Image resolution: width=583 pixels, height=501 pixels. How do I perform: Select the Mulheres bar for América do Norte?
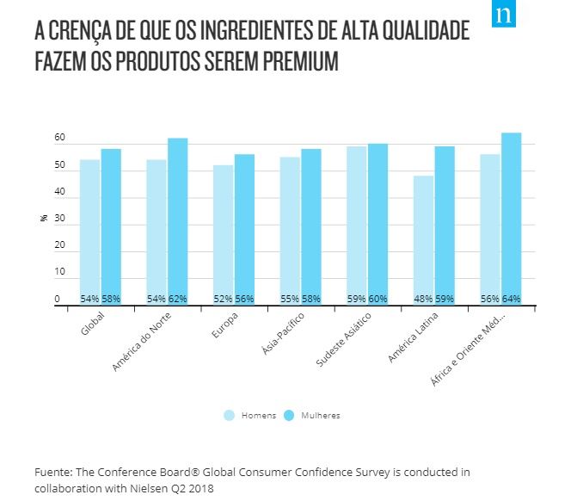[x=177, y=220]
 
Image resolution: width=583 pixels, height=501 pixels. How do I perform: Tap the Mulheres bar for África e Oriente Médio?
[x=512, y=218]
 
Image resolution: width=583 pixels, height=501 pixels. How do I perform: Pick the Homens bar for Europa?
[x=224, y=234]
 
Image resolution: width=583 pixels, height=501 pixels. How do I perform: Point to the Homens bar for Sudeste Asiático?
[x=357, y=225]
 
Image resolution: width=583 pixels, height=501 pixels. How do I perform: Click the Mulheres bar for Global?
[x=111, y=226]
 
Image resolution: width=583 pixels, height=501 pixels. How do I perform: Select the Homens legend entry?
[x=250, y=415]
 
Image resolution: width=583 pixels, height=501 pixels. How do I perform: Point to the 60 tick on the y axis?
[x=59, y=139]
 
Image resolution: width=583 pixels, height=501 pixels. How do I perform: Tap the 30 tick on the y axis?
[x=59, y=220]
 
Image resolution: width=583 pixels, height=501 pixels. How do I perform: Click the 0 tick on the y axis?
[x=58, y=300]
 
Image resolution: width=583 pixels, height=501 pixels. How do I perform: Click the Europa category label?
[x=223, y=328]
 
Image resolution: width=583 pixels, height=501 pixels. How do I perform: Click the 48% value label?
[x=423, y=299]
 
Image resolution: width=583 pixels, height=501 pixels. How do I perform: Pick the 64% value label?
[x=512, y=299]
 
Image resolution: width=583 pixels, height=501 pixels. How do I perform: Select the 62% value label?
[x=177, y=299]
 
